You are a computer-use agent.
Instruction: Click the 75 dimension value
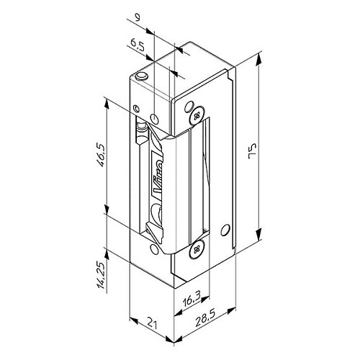point(253,151)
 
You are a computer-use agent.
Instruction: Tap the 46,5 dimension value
point(99,155)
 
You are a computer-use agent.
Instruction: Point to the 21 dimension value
point(152,323)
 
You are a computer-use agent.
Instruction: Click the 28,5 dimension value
point(205,318)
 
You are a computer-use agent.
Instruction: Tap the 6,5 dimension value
point(138,45)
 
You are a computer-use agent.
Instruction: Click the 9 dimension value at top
point(137,18)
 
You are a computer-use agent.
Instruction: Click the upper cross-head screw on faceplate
point(197,117)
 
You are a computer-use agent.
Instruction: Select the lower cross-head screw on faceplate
point(197,249)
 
